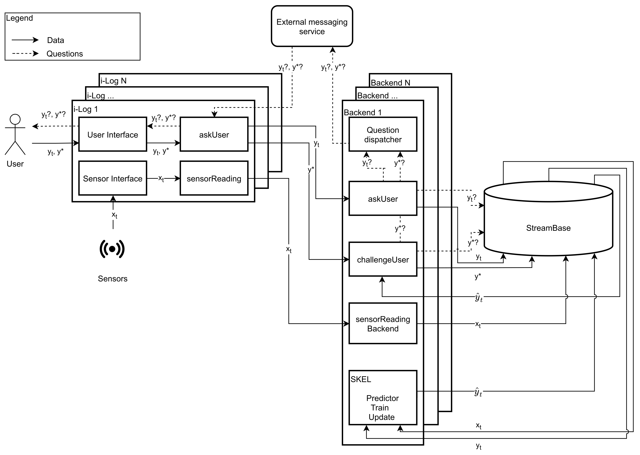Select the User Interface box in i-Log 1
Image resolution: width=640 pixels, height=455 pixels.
tap(113, 134)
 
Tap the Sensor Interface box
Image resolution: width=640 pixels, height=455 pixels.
tap(113, 178)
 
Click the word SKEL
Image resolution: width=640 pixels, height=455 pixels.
tap(361, 379)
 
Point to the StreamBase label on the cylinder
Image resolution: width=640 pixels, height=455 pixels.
tap(548, 228)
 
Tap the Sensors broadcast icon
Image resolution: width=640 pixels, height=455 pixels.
tap(112, 249)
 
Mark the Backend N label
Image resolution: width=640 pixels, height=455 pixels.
tap(390, 83)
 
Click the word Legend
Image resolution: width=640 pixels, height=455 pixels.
tap(19, 18)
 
